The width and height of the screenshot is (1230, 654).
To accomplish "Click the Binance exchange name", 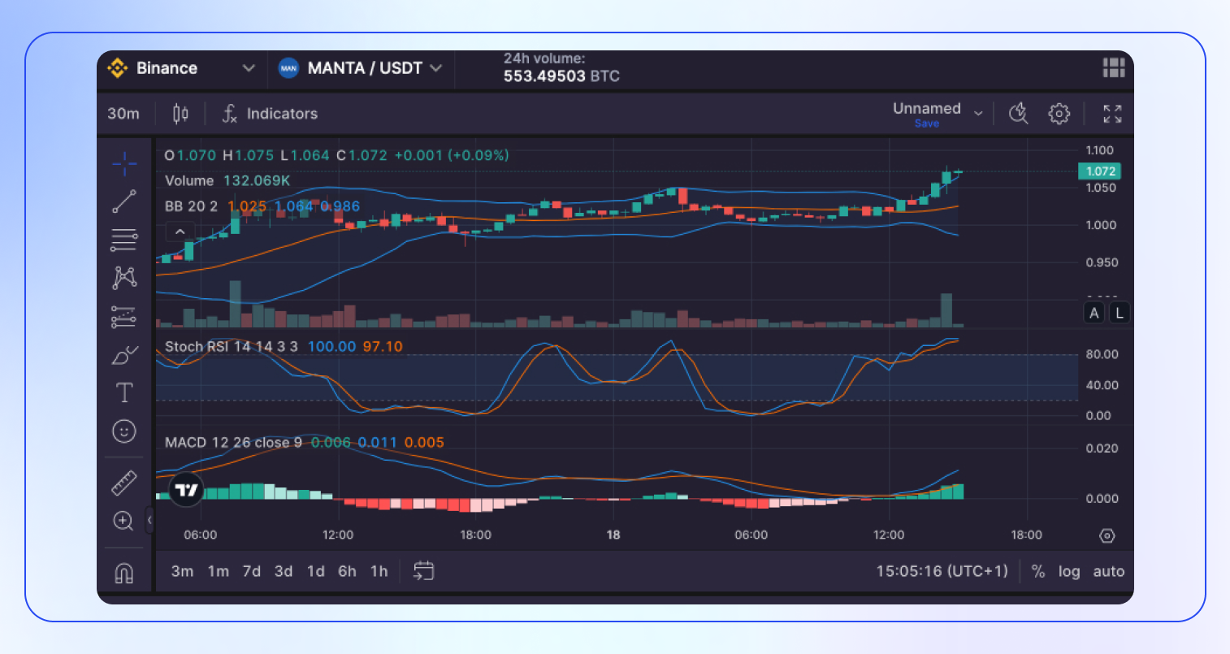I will click(167, 68).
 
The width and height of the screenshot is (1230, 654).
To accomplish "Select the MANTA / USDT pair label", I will click(365, 68).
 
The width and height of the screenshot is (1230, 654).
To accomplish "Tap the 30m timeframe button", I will click(123, 114).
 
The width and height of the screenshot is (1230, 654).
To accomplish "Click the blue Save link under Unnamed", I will click(926, 123).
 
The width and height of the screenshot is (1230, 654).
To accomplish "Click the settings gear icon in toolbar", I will click(1059, 114).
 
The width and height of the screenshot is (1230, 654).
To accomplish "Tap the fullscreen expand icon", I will click(1112, 114).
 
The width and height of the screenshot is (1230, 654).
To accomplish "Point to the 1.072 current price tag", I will click(1100, 171).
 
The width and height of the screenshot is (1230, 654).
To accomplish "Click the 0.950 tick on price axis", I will click(1102, 262).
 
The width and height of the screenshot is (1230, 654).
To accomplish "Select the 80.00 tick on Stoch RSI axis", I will click(1102, 354).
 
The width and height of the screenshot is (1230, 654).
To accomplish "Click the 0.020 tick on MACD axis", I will click(1102, 448).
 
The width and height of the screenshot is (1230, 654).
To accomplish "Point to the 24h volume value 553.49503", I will click(544, 76).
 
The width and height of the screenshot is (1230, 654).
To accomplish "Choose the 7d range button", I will click(252, 571).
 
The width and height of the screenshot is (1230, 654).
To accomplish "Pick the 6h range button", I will click(347, 571).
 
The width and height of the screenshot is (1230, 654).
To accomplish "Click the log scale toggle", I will click(1069, 571).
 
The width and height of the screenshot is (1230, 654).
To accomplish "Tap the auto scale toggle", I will click(1108, 571).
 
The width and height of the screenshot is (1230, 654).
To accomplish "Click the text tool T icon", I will click(124, 393).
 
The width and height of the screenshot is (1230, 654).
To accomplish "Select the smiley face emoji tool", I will click(124, 431).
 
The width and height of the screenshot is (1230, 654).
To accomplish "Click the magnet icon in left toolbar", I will click(123, 574).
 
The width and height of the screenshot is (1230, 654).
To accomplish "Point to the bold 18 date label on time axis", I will click(613, 535).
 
